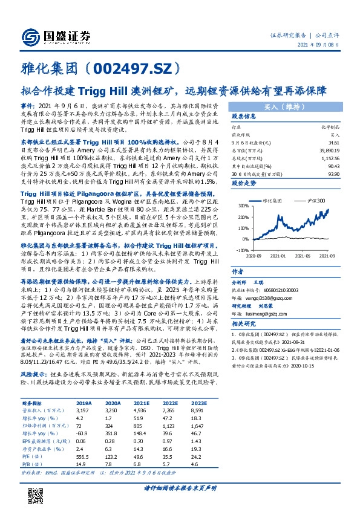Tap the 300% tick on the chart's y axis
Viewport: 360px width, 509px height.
coord(242,206)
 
